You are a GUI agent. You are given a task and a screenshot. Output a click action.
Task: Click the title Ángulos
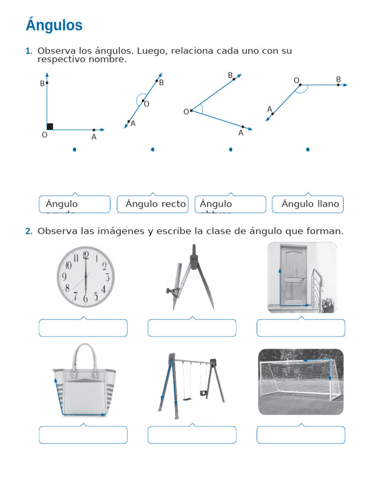click(x=54, y=25)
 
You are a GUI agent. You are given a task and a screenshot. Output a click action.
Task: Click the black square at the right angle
click(x=50, y=126)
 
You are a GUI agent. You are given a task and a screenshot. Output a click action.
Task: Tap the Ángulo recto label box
click(x=152, y=204)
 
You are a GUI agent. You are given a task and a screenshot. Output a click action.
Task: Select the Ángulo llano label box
click(x=307, y=204)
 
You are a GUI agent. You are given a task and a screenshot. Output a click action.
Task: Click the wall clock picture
click(x=85, y=277)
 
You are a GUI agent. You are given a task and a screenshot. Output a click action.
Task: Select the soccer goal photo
click(x=300, y=382)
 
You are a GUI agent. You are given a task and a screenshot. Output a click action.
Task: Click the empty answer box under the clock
click(x=83, y=328)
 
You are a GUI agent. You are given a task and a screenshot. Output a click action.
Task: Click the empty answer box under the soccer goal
click(x=300, y=435)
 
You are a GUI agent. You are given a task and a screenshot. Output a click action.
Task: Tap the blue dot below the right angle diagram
click(x=75, y=150)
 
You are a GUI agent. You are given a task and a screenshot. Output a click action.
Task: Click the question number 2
click(x=29, y=231)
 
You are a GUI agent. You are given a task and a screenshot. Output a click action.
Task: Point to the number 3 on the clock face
click(x=107, y=277)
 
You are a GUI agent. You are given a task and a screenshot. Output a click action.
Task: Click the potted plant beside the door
click(x=328, y=304)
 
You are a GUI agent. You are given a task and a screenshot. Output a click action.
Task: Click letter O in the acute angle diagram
click(x=186, y=112)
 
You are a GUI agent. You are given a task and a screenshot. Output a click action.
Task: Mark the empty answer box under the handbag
click(x=83, y=435)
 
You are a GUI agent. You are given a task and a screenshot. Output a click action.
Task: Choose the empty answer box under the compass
click(x=192, y=328)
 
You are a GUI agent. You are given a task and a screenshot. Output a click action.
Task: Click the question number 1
click(x=28, y=51)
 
